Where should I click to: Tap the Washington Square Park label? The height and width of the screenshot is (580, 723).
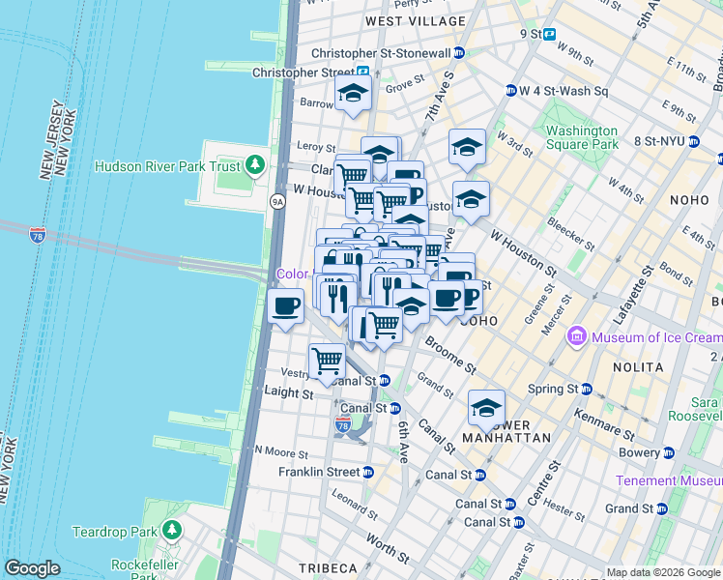tap(581, 137)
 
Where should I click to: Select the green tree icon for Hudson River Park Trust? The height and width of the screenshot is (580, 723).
tap(255, 165)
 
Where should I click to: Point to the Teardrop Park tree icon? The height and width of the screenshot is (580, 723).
tap(172, 531)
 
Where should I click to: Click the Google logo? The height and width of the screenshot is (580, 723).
tap(31, 568)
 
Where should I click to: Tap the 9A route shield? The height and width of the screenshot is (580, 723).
tap(278, 201)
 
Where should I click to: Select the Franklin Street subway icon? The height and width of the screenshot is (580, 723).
tap(367, 472)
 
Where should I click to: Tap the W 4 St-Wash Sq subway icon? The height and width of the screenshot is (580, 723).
tap(510, 91)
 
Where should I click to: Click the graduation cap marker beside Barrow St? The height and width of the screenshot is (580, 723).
tap(354, 94)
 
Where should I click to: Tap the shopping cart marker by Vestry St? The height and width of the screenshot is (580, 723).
tap(327, 361)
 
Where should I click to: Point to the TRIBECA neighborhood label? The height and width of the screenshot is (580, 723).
tap(328, 567)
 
